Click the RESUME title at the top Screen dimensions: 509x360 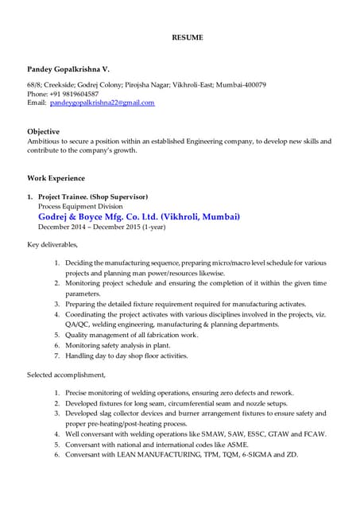(188, 37)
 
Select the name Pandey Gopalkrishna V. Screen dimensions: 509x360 (69, 71)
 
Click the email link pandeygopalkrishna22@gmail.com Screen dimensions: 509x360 (102, 103)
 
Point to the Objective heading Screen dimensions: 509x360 (44, 131)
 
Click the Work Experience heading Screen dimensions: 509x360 (56, 178)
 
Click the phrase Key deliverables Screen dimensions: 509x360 (52, 244)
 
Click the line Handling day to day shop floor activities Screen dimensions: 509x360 (126, 356)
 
